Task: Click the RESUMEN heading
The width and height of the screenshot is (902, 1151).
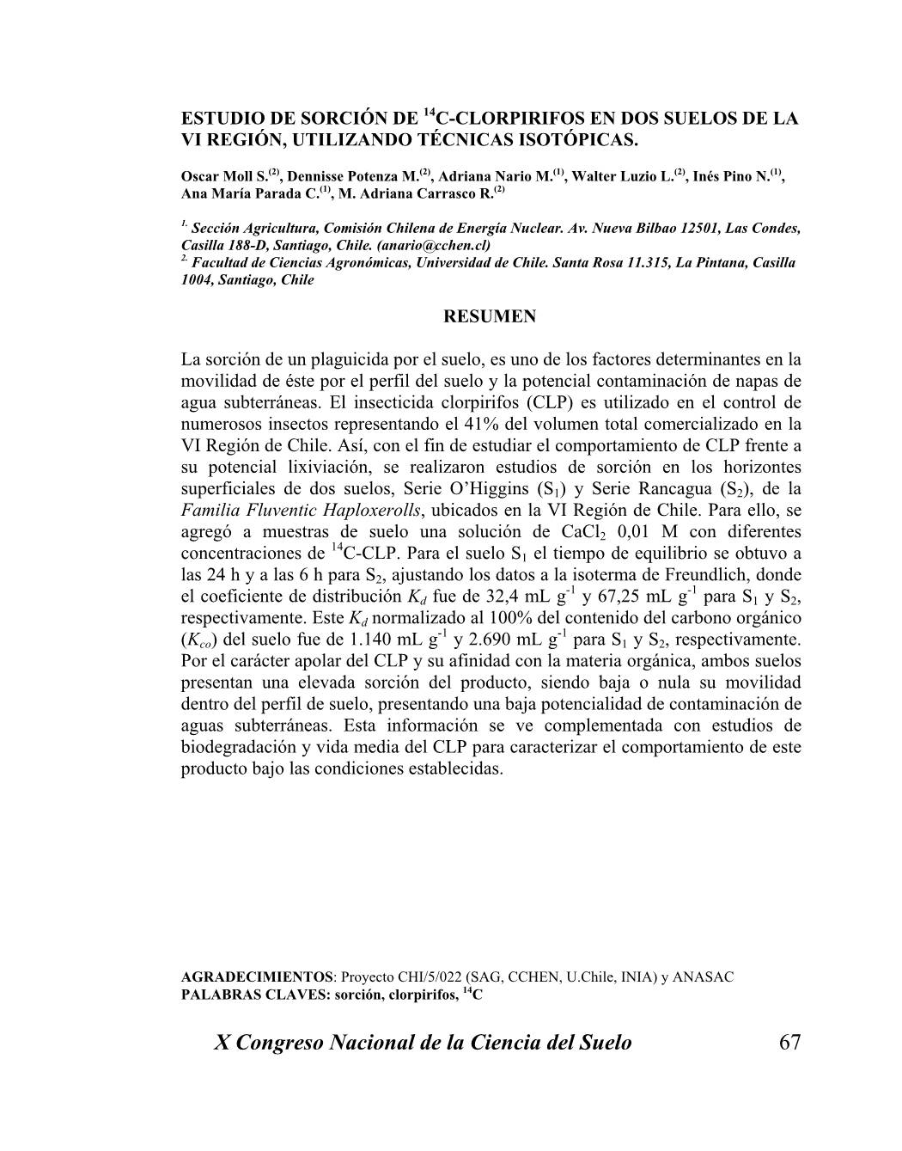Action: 490,316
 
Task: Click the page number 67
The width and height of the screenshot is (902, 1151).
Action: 789,1043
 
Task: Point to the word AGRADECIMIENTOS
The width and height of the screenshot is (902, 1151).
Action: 257,977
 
